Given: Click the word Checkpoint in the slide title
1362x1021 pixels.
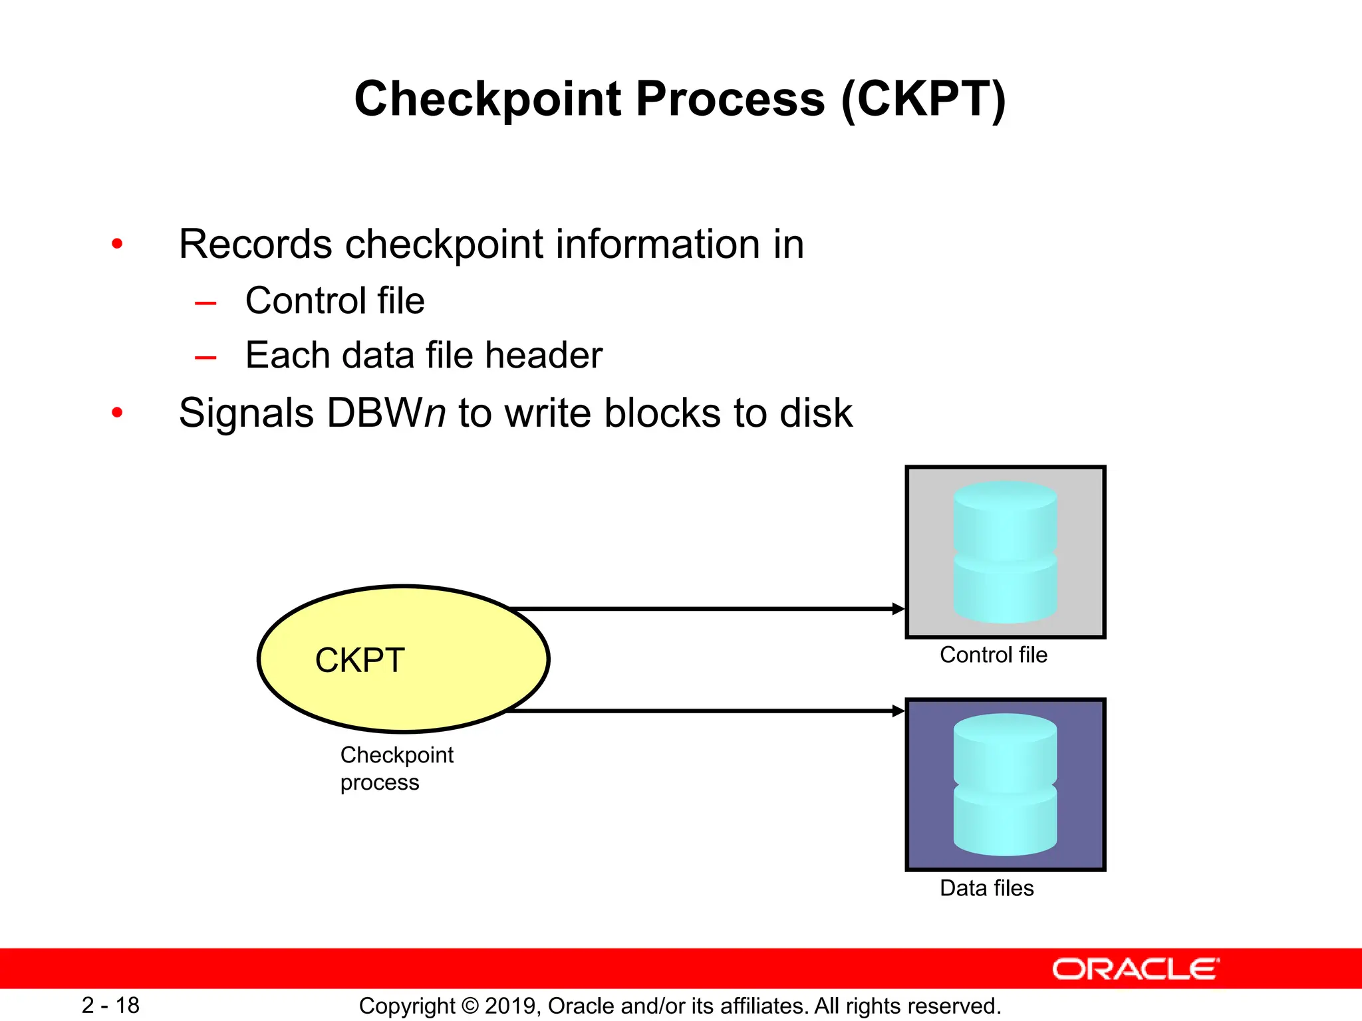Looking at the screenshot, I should pos(487,100).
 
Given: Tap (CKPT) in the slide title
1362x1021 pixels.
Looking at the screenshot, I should pos(923,100).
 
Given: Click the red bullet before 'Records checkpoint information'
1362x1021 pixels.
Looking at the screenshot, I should pos(118,244).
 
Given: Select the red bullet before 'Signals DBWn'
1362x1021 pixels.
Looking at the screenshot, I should pos(118,413).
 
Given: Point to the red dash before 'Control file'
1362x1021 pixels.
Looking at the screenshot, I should pos(205,304).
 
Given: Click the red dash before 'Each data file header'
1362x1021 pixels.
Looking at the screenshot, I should pos(205,358).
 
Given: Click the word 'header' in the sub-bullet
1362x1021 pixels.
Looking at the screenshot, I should pos(543,355).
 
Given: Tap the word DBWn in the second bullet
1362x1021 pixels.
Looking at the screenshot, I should pos(386,413).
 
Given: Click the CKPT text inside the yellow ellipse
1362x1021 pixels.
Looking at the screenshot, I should pos(360,660).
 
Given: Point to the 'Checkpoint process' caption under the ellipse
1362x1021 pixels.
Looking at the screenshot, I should pos(396,768).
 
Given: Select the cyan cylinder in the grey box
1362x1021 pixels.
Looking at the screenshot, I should pos(1005,552).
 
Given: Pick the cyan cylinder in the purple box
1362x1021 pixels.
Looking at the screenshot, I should pos(1005,784).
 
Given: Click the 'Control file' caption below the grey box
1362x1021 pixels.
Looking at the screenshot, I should pos(993,655).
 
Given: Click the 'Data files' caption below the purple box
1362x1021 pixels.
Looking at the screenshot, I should pos(986,888).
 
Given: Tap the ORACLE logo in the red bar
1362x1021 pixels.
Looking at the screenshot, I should pos(1135,969).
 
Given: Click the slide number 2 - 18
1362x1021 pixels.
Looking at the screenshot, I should pos(110,1005).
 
